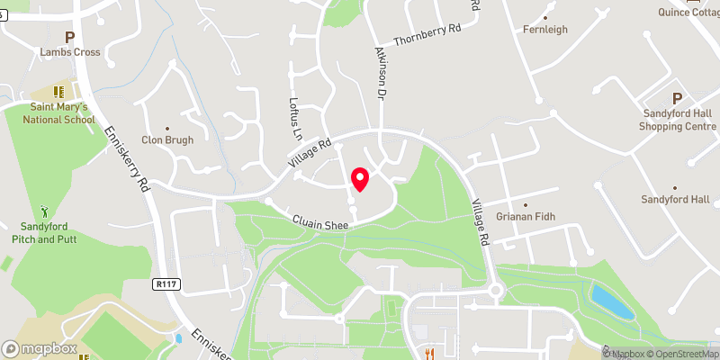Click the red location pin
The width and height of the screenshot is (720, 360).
360,179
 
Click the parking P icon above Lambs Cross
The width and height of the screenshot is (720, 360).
68,37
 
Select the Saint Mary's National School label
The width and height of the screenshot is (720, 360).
59,112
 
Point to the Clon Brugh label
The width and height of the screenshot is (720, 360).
167,139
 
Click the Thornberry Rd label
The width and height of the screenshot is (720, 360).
427,29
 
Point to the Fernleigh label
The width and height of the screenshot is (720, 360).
545,30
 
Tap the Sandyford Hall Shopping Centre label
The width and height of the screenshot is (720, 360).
678,120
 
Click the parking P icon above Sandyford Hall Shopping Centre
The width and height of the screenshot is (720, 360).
678,98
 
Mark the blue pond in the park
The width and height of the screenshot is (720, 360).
612,301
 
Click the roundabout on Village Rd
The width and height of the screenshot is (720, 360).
494,290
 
